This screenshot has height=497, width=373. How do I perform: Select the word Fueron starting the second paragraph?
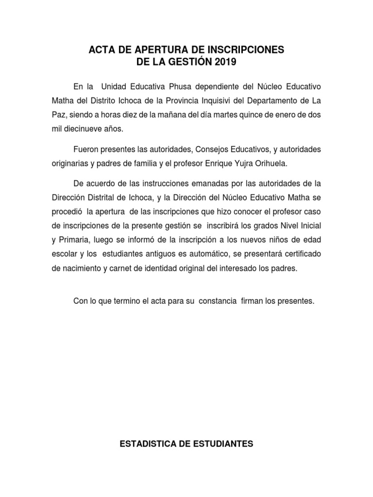85,149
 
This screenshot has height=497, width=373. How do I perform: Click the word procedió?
67,212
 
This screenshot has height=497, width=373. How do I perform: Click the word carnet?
121,269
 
